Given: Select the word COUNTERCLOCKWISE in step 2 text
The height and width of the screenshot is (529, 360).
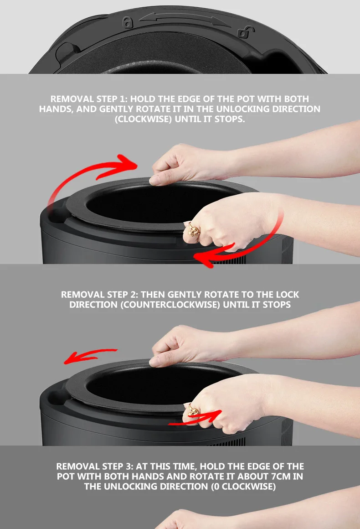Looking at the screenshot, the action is [x=170, y=305].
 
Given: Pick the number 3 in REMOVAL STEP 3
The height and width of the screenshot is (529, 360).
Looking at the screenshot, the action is [x=129, y=466].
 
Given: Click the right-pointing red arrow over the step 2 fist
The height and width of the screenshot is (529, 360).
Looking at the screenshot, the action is [x=195, y=417].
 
